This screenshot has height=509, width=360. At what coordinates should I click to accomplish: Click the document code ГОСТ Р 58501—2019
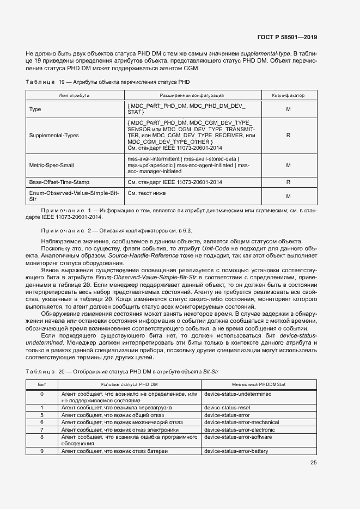tap(286, 37)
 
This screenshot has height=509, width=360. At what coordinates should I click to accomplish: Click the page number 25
tap(313, 463)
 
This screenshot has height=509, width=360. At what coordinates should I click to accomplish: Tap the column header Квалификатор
tap(288, 95)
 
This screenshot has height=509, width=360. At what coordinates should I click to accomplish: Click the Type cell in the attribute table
tap(35, 109)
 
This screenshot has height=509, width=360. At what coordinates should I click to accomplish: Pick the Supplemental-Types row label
tap(51, 135)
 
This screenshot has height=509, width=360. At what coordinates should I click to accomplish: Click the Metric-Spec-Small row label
tap(48, 164)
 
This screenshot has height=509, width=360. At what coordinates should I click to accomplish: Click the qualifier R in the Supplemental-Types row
tap(288, 135)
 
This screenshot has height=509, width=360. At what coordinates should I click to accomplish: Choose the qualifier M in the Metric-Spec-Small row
tap(288, 164)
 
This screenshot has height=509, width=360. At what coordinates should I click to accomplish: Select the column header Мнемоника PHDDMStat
tap(259, 384)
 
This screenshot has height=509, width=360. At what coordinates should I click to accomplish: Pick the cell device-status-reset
tap(227, 407)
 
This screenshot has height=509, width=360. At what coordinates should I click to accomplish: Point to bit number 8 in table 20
tap(42, 437)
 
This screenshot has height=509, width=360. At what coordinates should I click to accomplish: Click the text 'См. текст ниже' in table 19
tap(146, 193)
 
